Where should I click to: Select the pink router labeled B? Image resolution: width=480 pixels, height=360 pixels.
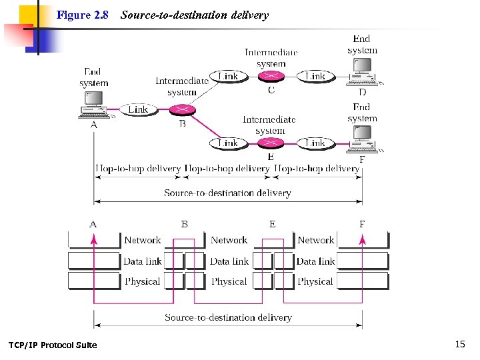(x=181, y=109)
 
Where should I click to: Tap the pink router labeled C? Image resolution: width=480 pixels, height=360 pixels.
(x=271, y=77)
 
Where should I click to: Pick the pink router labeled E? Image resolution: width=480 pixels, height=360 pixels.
(x=271, y=143)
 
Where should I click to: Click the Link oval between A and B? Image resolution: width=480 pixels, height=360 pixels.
(x=138, y=109)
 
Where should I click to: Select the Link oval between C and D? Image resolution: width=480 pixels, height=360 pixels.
(x=315, y=77)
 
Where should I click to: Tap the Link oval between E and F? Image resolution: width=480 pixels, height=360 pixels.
(x=315, y=143)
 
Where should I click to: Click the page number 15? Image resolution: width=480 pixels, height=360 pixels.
(x=460, y=344)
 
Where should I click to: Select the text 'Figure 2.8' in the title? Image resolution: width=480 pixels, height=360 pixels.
(x=82, y=15)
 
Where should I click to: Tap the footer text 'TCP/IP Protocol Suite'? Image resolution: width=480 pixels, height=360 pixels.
(x=53, y=345)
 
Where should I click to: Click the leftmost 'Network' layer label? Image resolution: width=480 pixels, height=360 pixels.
(x=142, y=240)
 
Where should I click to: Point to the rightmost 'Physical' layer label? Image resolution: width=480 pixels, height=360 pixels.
(x=315, y=281)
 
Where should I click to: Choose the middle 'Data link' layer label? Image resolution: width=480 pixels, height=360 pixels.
(x=229, y=261)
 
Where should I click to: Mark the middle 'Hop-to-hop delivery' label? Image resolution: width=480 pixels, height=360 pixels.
(x=227, y=169)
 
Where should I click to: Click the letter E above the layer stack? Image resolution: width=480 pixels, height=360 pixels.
(x=272, y=224)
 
